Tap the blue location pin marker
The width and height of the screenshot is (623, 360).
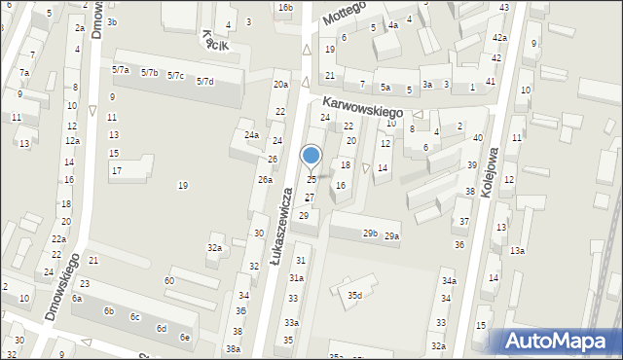pyautogui.click(x=311, y=157)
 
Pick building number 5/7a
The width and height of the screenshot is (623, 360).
pyautogui.click(x=122, y=70)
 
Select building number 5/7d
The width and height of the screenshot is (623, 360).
pyautogui.click(x=204, y=81)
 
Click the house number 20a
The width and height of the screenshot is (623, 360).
pyautogui.click(x=280, y=85)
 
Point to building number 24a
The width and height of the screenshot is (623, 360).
pyautogui.click(x=251, y=134)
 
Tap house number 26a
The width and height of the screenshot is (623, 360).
pyautogui.click(x=264, y=180)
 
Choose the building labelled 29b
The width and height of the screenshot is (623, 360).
pyautogui.click(x=370, y=233)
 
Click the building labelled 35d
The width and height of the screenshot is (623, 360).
pyautogui.click(x=355, y=295)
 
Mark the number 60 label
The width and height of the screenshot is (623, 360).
pyautogui.click(x=168, y=280)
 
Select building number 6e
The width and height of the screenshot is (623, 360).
pyautogui.click(x=185, y=337)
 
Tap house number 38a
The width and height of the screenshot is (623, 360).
pyautogui.click(x=233, y=348)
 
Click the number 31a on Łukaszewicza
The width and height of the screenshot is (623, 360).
pyautogui.click(x=296, y=277)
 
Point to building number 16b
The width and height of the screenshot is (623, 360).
pyautogui.click(x=285, y=8)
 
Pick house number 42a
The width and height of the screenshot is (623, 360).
pyautogui.click(x=499, y=37)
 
